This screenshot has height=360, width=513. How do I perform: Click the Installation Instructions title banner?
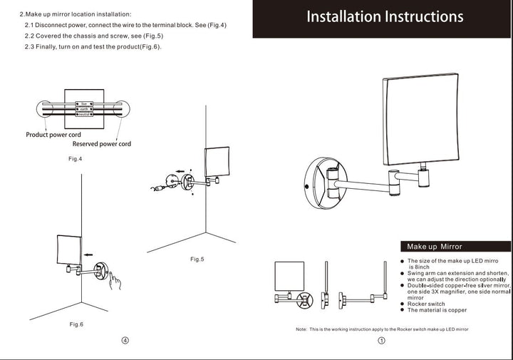(x=385, y=17)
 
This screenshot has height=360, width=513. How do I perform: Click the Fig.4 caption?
(x=76, y=158)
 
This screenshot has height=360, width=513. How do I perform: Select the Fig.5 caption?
(x=197, y=259)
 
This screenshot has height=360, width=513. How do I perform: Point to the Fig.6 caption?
(x=76, y=324)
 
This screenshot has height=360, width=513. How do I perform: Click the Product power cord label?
(x=53, y=135)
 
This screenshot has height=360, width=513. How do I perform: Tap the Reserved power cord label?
(x=102, y=144)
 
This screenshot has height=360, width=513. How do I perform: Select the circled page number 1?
(x=381, y=341)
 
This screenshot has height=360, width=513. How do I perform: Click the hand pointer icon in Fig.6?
(x=114, y=279)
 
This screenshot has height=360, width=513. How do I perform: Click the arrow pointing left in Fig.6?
(x=88, y=254)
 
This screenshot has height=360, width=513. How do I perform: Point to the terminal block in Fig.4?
(x=83, y=109)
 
